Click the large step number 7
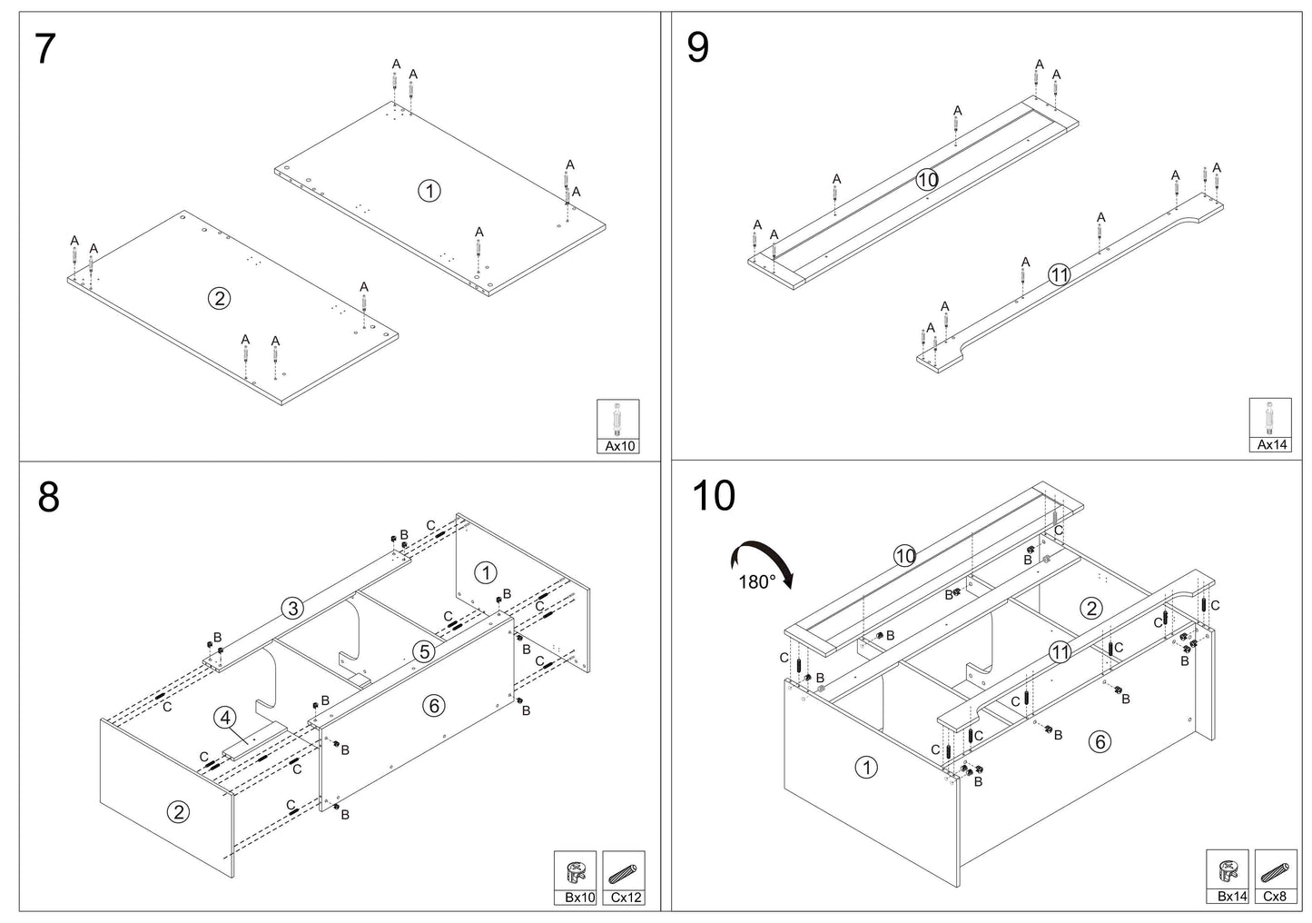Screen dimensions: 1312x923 [x=45, y=49]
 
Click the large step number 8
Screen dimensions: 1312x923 [x=49, y=497]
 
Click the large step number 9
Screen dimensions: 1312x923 [x=697, y=47]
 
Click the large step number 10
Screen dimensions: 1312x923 [x=714, y=496]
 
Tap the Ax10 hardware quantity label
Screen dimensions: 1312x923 [x=619, y=446]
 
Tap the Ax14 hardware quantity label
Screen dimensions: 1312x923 [x=1271, y=444]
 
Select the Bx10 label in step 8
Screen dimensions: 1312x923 [x=579, y=898]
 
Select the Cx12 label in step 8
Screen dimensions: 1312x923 [x=626, y=898]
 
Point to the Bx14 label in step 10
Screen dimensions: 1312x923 [x=1232, y=896]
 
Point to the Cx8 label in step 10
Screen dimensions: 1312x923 [x=1275, y=896]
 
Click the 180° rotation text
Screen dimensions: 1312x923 [x=756, y=582]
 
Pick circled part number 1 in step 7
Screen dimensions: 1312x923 [x=429, y=191]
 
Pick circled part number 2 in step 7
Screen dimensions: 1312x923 [x=219, y=299]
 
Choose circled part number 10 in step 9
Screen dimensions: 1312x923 [x=927, y=180]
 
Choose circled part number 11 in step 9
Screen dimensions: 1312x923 [x=1059, y=275]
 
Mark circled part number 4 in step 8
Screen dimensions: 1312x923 [x=225, y=718]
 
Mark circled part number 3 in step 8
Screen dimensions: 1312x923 [x=292, y=609]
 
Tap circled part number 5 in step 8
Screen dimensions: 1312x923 [x=424, y=651]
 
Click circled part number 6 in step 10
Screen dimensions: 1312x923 [x=1100, y=742]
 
